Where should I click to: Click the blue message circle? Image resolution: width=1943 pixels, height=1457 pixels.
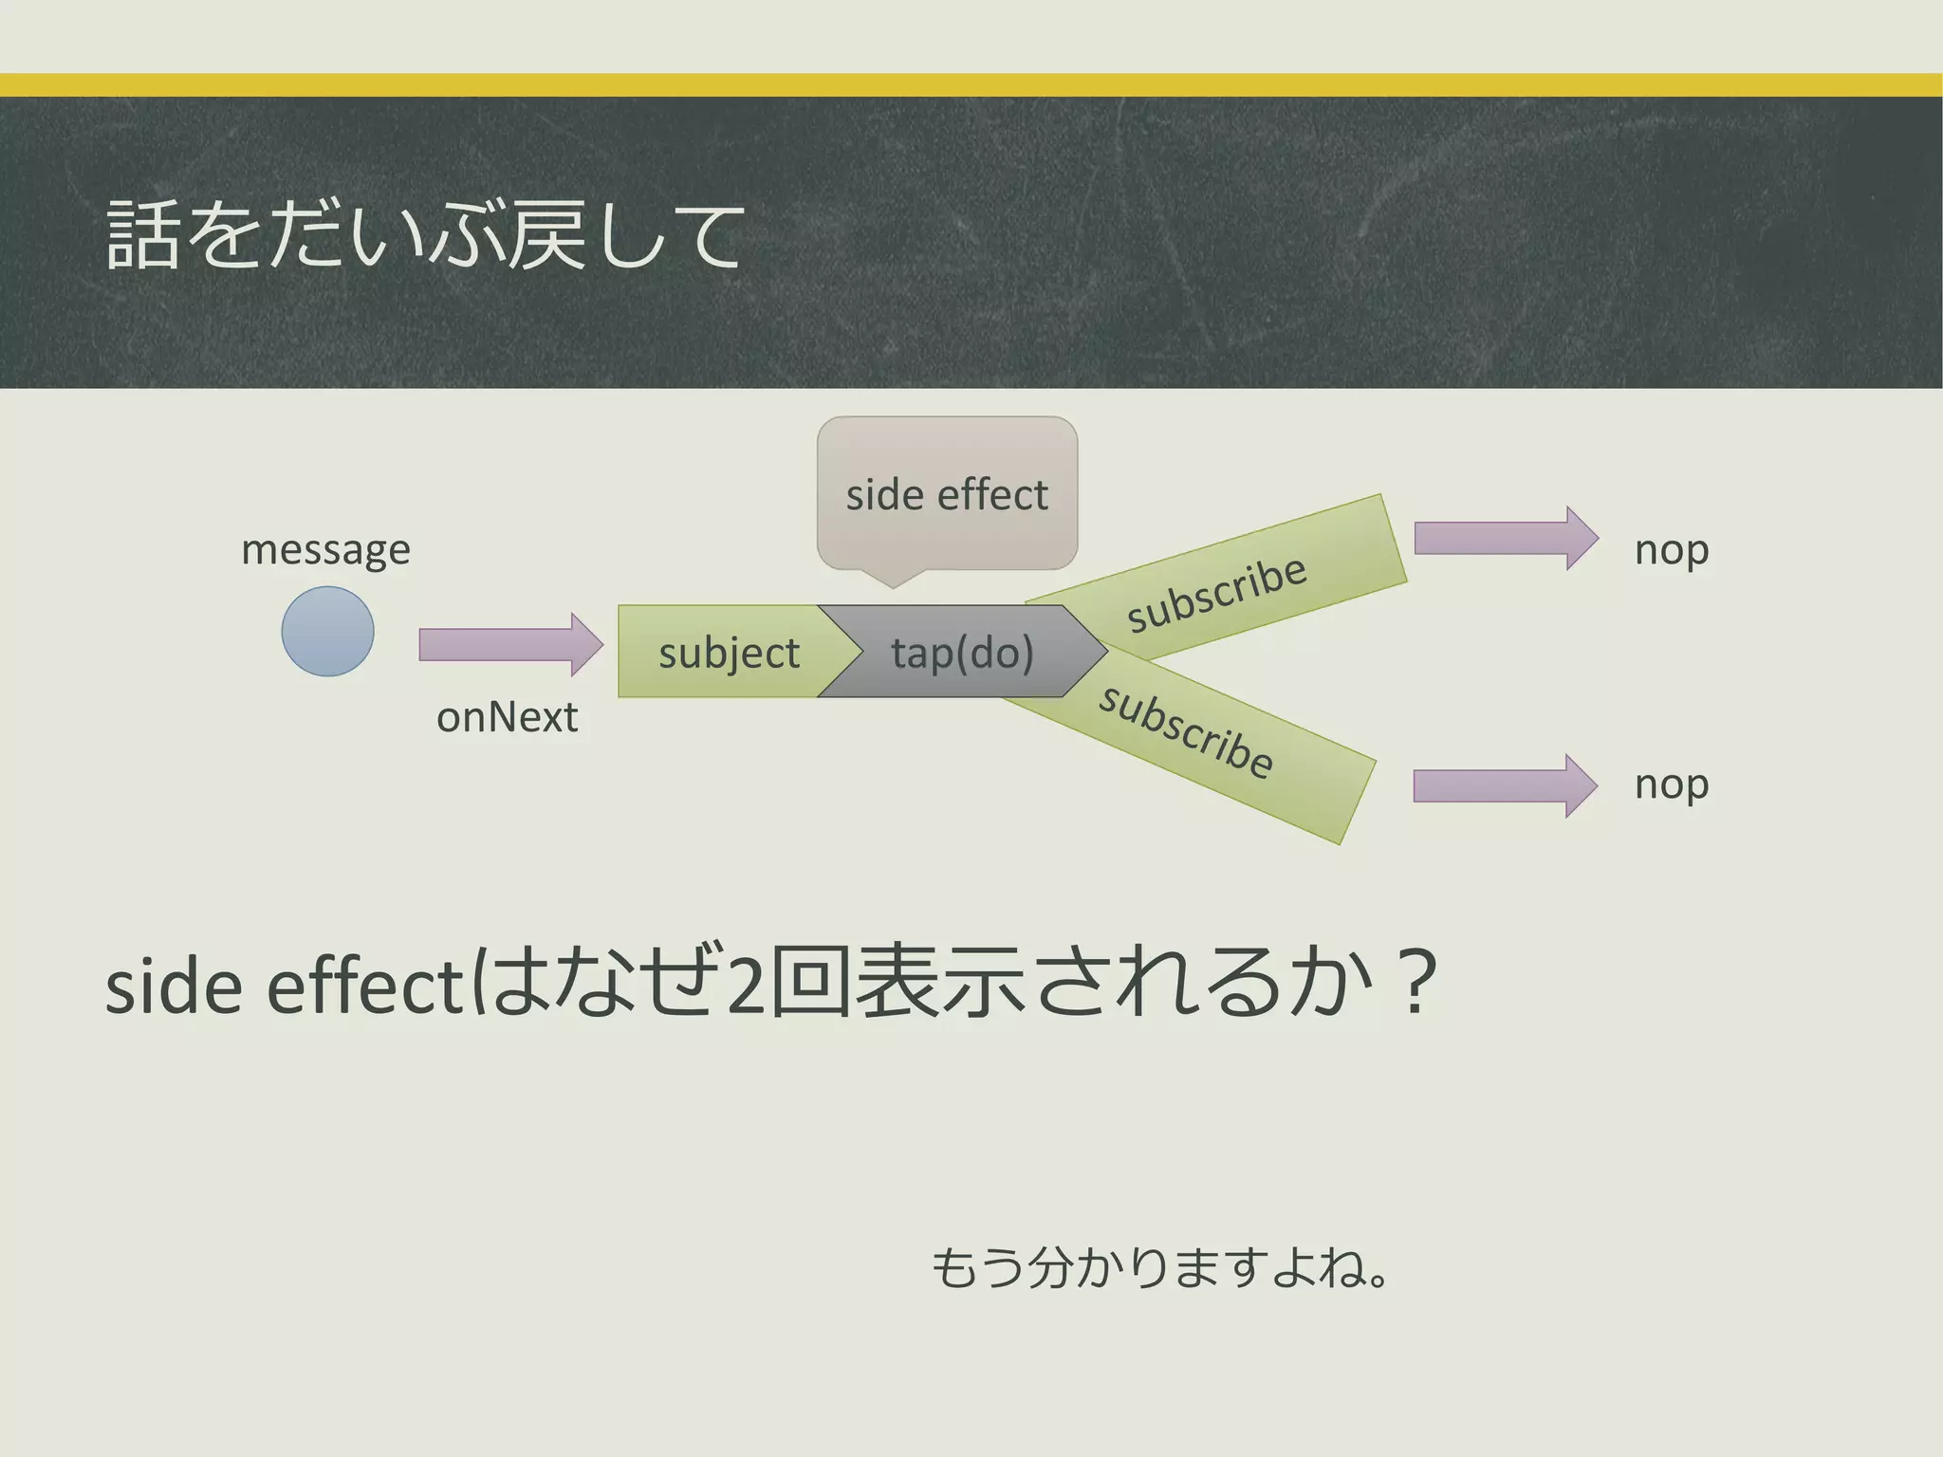pyautogui.click(x=327, y=631)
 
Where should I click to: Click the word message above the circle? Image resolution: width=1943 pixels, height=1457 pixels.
pyautogui.click(x=325, y=550)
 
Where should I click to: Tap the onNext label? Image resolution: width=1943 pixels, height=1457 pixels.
pyautogui.click(x=507, y=717)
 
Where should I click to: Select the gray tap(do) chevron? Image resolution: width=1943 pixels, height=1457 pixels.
pyautogui.click(x=962, y=653)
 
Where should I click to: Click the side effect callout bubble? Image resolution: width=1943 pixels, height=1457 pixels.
pyautogui.click(x=947, y=495)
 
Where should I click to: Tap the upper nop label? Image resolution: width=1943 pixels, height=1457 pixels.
pyautogui.click(x=1672, y=550)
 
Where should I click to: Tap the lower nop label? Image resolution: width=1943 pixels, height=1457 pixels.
pyautogui.click(x=1672, y=785)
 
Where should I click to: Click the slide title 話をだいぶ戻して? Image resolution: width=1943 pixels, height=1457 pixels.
pyautogui.click(x=424, y=234)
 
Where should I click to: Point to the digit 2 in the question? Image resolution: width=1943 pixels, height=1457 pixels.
pyautogui.click(x=747, y=987)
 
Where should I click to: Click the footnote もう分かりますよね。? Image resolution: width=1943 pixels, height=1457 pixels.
pyautogui.click(x=1159, y=1267)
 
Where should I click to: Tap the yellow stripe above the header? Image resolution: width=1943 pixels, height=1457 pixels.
pyautogui.click(x=971, y=84)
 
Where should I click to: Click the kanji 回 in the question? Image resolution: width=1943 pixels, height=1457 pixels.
pyautogui.click(x=809, y=983)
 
